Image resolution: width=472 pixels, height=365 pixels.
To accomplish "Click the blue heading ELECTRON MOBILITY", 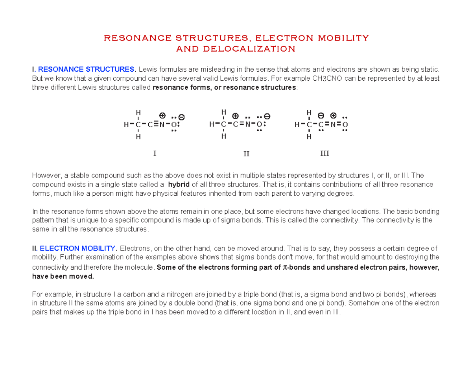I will (78, 248).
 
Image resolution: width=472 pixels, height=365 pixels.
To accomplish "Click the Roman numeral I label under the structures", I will (155, 153).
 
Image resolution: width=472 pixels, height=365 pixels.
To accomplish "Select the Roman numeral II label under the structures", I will (246, 154).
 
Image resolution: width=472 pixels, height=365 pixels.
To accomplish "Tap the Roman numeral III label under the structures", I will (324, 153).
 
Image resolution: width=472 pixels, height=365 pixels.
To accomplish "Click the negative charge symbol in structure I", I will (181, 117).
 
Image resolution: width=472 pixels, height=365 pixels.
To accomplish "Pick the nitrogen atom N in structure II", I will (247, 125).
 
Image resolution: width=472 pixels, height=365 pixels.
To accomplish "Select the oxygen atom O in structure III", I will (345, 125).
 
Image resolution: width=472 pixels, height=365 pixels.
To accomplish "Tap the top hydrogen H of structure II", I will (223, 112).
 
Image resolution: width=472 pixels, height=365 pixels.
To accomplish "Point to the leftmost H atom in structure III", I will (297, 125).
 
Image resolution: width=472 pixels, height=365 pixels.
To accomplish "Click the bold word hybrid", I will (179, 185).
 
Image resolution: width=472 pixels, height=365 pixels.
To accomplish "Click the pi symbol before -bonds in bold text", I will (286, 268).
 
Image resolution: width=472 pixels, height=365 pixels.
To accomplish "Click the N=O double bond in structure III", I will (339, 125).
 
